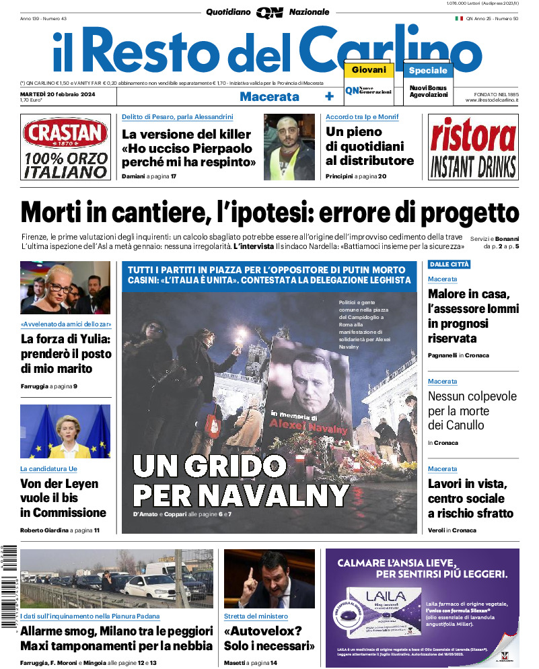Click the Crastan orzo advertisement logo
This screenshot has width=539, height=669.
tap(65, 133)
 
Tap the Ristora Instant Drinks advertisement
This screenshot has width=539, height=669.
tap(473, 147)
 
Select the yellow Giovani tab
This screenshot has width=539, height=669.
tap(368, 69)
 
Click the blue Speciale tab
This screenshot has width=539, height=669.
tap(428, 70)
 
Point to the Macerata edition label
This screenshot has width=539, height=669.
tap(269, 96)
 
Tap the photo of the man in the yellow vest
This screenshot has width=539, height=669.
tap(289, 147)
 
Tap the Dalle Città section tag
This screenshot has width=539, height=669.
tap(449, 265)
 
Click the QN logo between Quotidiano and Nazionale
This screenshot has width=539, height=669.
tap(269, 12)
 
